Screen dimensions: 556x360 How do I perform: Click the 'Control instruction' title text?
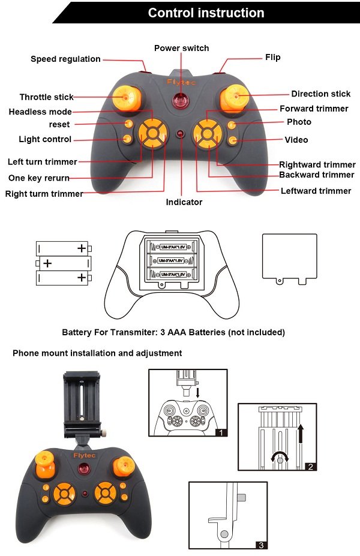(206, 13)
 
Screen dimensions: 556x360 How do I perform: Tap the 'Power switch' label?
(181, 48)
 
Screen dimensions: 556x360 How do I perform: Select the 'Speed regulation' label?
(65, 59)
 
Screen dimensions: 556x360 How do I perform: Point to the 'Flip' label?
(272, 58)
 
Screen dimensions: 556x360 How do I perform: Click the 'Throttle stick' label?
(46, 97)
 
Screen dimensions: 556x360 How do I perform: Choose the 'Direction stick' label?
(320, 94)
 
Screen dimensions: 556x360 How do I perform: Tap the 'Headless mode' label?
(40, 112)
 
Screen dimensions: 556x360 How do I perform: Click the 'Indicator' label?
(184, 202)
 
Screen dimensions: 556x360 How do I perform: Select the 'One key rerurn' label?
(38, 178)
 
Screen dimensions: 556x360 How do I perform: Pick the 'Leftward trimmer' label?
(316, 191)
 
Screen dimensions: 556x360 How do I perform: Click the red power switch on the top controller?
(180, 100)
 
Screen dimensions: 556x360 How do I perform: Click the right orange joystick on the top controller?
(235, 95)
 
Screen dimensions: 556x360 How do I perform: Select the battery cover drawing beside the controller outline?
(289, 257)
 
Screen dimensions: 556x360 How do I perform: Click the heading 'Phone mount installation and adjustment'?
(97, 353)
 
